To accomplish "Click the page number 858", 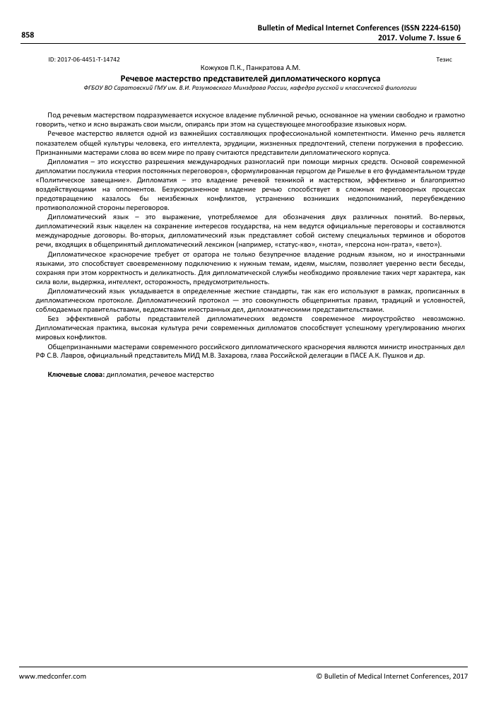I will (x=28, y=34).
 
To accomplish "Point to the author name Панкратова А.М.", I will (x=271, y=67).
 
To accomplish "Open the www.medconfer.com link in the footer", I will (x=52, y=676).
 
